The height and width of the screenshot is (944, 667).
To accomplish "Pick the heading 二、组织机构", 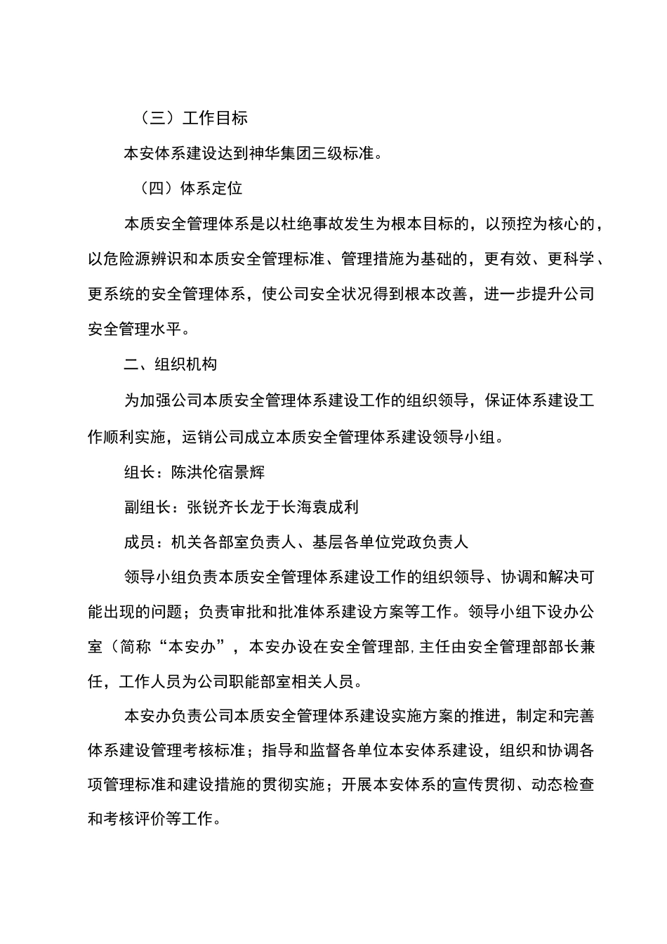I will tap(171, 365).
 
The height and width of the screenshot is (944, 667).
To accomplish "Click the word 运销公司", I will tap(212, 436).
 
